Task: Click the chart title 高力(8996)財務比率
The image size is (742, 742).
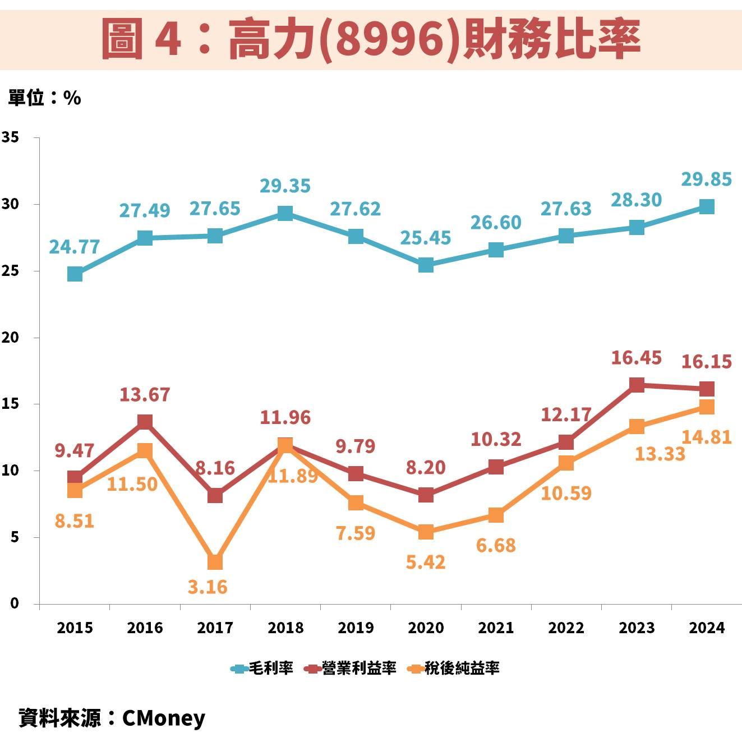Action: (x=371, y=39)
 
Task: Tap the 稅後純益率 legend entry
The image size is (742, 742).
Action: (x=454, y=668)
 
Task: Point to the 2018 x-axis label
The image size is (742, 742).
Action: (x=285, y=628)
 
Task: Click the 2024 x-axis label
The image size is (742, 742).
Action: (x=707, y=628)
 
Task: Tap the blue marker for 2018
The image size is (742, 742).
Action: (x=285, y=213)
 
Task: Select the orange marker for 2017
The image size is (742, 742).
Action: (x=215, y=562)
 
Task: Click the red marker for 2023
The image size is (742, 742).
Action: (x=637, y=385)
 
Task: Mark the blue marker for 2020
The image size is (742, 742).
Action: (x=426, y=265)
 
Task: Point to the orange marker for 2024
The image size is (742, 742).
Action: (x=707, y=407)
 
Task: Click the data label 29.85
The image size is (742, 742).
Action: (x=707, y=179)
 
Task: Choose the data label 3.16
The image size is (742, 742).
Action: (x=208, y=587)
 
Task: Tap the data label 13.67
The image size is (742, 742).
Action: (x=145, y=395)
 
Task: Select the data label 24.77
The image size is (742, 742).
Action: (x=75, y=247)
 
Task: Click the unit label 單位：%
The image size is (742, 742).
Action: (x=44, y=98)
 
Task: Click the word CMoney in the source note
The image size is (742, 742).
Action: (x=164, y=718)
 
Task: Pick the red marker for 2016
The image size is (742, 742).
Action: (x=145, y=422)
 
